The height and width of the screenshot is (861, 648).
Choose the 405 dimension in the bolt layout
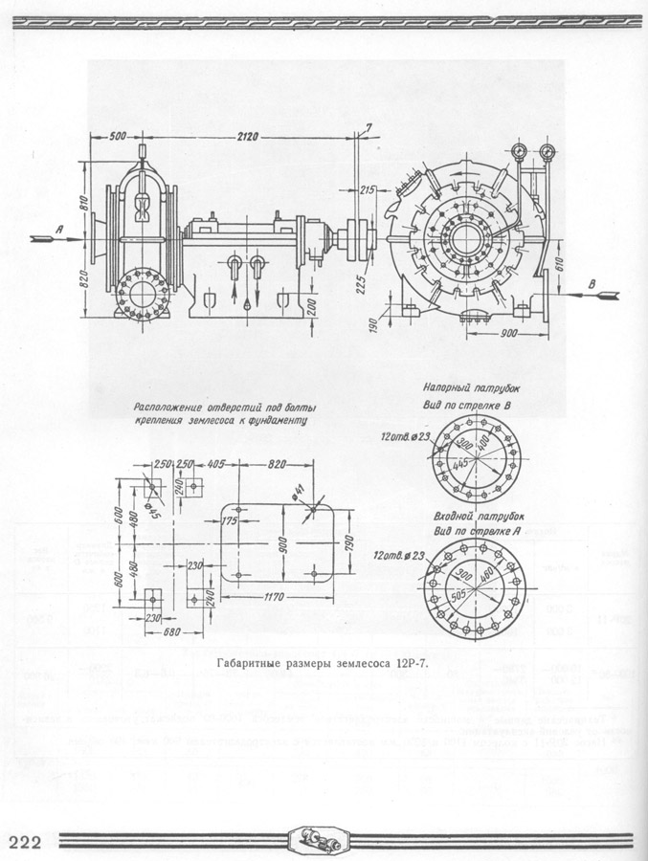tap(214, 464)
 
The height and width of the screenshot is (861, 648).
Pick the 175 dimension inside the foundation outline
tap(227, 521)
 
